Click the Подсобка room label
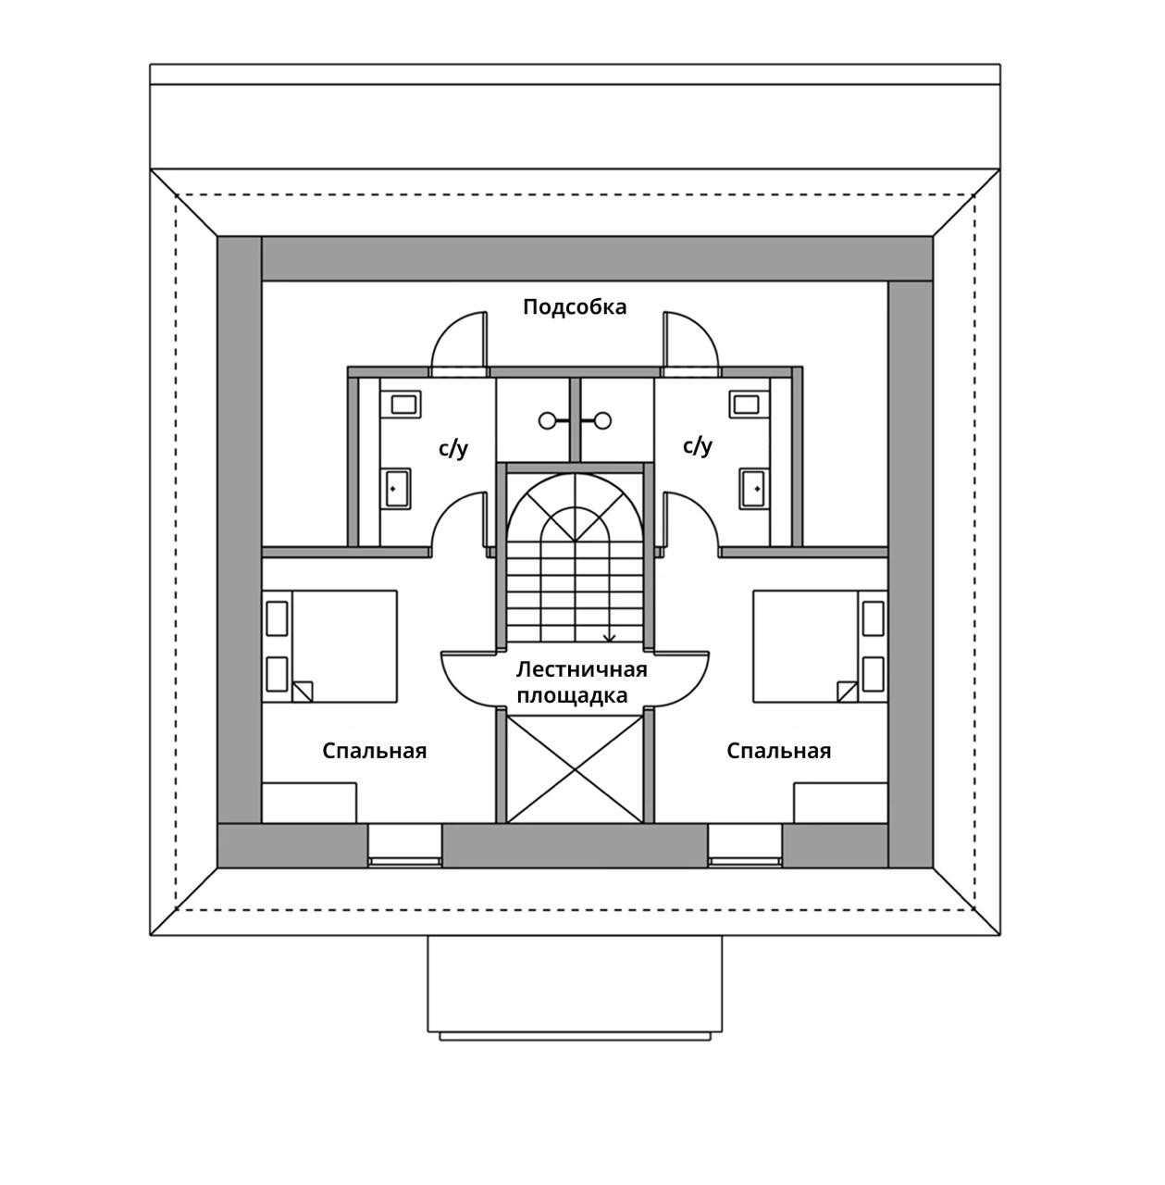point(575,306)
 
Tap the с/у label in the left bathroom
point(453,449)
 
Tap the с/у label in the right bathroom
point(698,446)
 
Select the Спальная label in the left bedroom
point(375,751)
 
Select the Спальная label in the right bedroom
point(778,751)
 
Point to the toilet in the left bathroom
point(403,404)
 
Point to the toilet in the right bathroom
point(745,404)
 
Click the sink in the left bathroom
point(397,488)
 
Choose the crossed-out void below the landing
point(576,767)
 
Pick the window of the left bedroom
point(405,861)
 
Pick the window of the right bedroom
point(745,861)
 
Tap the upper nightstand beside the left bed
point(277,618)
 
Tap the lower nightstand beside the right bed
point(873,674)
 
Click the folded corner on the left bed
point(304,692)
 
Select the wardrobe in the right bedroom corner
point(840,803)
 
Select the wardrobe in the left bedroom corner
point(309,803)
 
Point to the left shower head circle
point(548,421)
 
